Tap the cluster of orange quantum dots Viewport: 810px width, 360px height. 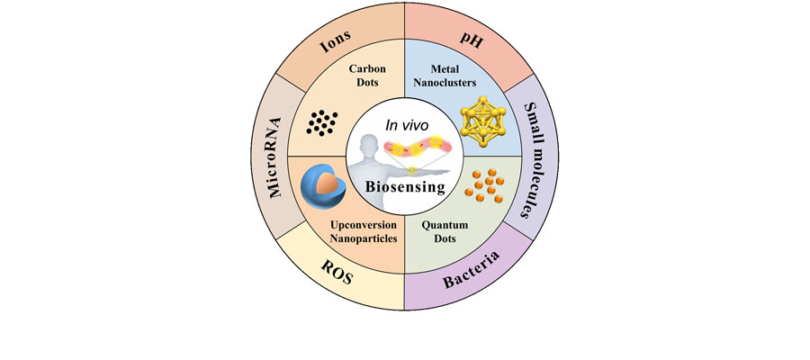coord(484,189)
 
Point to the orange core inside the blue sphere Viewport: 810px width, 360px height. coord(329,181)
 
